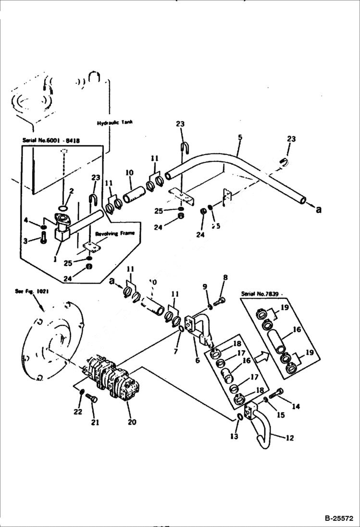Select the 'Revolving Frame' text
coord(114,233)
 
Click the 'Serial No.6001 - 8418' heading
coord(51,140)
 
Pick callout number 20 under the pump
coord(132,422)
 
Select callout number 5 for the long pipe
coord(240,137)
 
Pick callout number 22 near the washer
coord(78,412)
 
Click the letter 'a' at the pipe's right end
coord(319,209)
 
